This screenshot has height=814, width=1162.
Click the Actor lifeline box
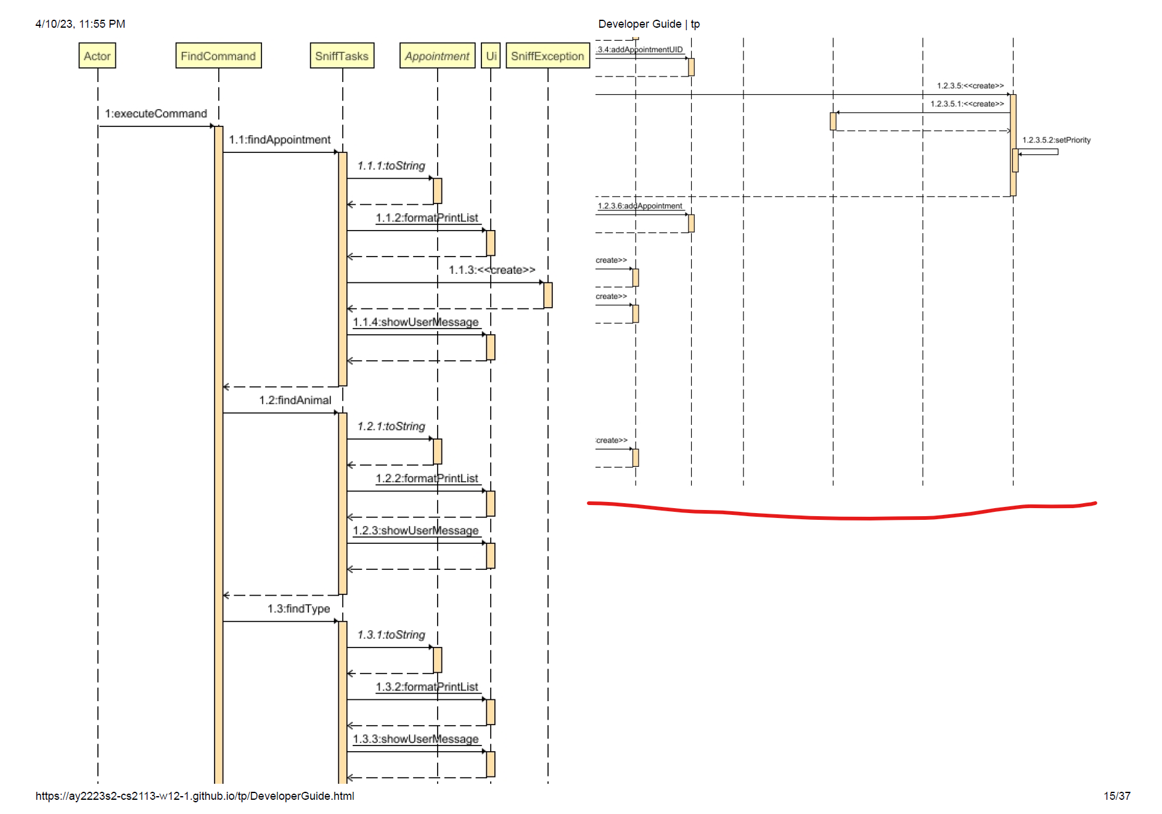coord(97,56)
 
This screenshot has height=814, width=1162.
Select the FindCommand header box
coord(218,56)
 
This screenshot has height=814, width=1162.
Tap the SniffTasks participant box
coord(342,56)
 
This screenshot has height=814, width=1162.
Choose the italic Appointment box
coord(437,56)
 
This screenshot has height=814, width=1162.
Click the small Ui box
coord(491,56)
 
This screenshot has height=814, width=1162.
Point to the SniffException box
coord(547,56)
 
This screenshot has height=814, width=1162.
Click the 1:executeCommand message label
coord(156,113)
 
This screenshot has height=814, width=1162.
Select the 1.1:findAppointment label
coord(280,140)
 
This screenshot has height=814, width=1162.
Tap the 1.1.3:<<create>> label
coord(492,270)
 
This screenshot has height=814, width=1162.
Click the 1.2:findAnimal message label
coord(295,400)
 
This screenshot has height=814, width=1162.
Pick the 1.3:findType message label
coord(299,609)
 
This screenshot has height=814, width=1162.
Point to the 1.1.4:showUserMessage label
coord(415,322)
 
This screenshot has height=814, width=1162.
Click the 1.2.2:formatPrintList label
coord(427,479)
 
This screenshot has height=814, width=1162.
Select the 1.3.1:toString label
coord(391,635)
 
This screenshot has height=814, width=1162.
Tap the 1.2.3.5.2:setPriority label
coord(1056,140)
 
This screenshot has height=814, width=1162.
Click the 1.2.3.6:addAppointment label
coord(640,206)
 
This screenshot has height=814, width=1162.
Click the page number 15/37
coord(1116,796)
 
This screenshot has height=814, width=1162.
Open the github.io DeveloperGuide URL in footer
coord(195,796)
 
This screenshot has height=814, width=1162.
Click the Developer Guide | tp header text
coord(649,24)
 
